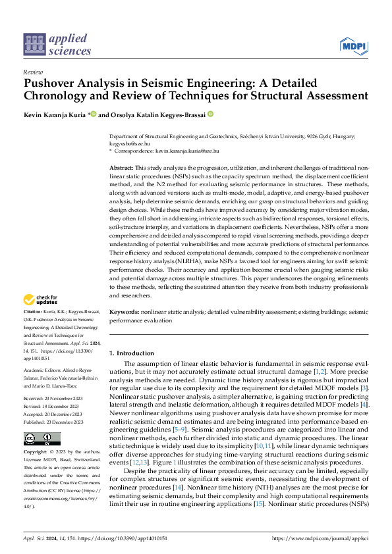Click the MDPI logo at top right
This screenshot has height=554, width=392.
click(353, 45)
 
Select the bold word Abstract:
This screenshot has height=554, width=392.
click(121, 168)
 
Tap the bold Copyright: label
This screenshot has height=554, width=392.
click(35, 453)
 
